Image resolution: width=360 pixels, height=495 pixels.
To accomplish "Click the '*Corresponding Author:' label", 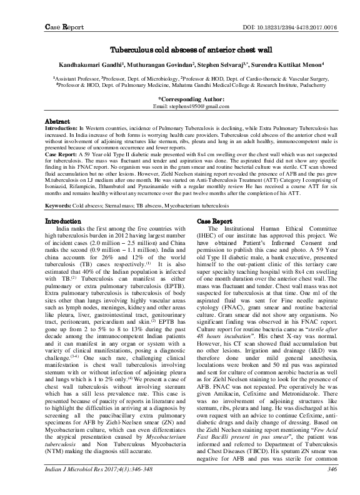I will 180,99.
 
